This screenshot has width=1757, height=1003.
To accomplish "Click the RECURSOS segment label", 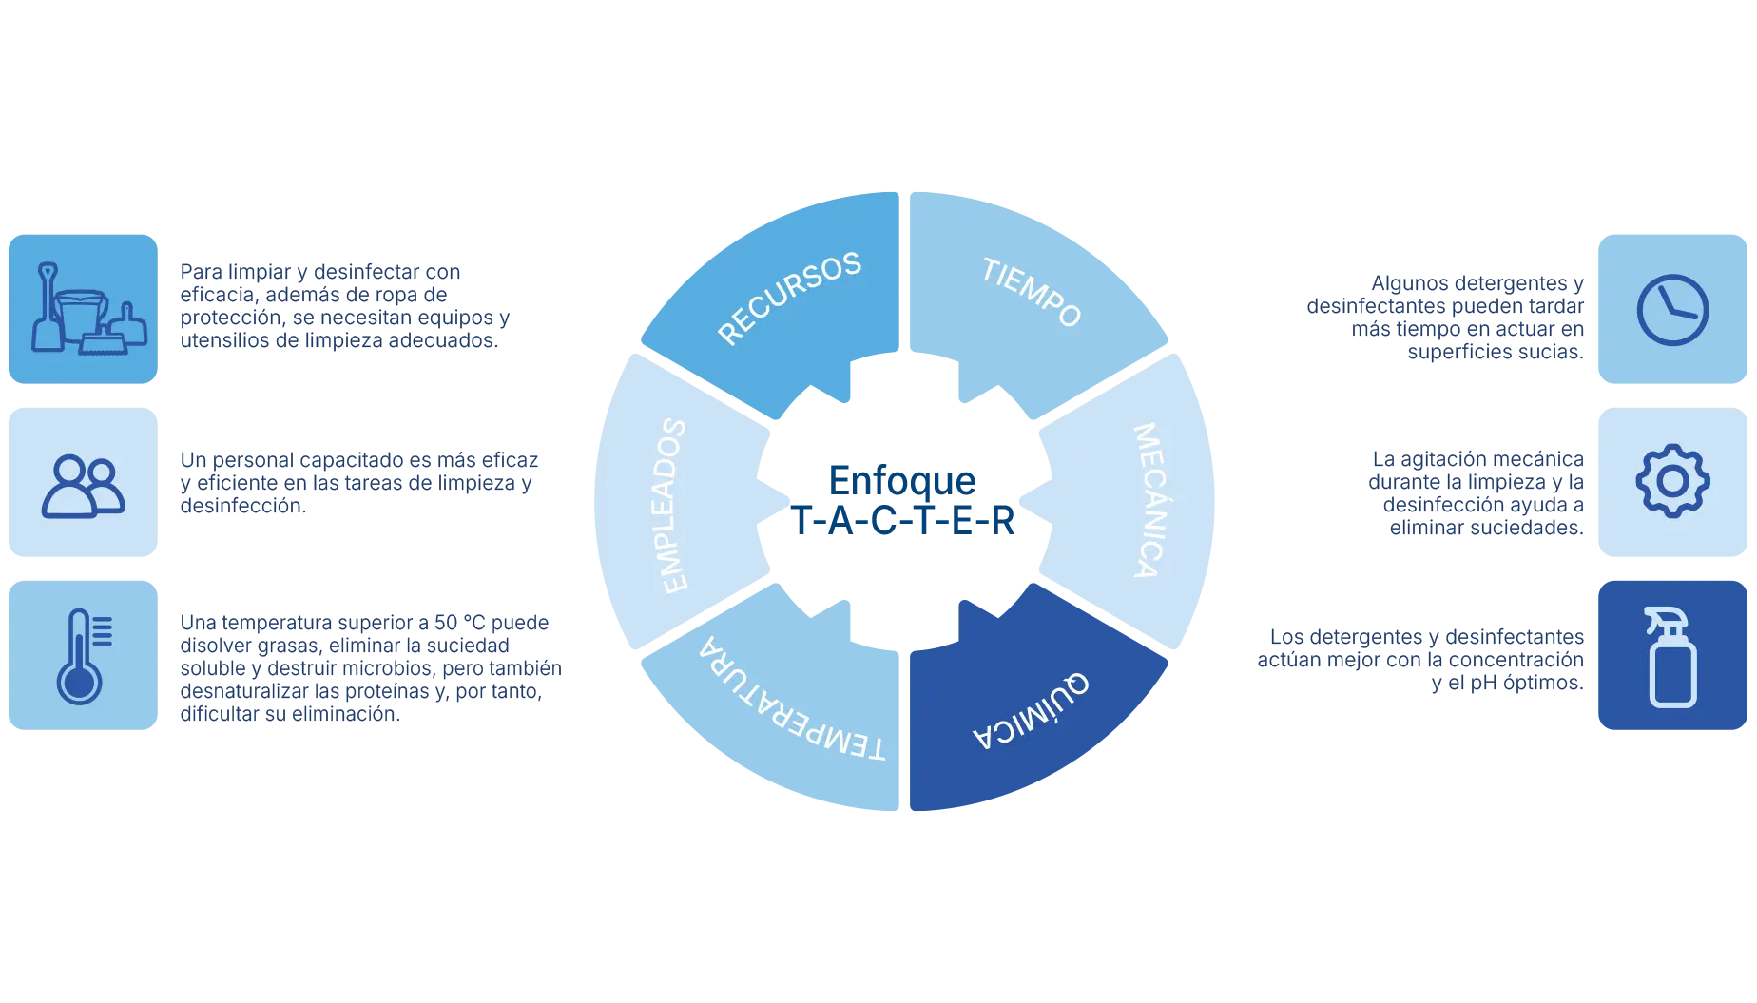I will point(788,298).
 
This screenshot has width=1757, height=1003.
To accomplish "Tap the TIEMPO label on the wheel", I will point(1032,292).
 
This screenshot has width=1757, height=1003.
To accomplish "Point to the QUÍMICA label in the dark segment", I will point(1032,710).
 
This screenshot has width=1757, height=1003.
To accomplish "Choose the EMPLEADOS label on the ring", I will point(672,505).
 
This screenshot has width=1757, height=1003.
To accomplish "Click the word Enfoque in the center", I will point(901,480).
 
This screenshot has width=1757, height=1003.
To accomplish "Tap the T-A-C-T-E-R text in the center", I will point(903,522).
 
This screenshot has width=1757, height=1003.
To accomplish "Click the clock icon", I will point(1672,310).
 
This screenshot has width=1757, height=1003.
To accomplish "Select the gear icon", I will point(1672,481).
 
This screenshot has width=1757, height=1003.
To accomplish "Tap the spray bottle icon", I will point(1671,657).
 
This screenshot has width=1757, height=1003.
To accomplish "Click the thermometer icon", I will point(82,656).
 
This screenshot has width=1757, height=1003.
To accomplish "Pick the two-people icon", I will point(83,485).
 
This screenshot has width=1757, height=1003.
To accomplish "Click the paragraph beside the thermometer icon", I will point(368,667).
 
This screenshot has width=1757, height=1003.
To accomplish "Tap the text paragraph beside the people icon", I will point(357,483).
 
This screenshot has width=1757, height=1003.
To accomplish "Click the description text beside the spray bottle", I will point(1421,660).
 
